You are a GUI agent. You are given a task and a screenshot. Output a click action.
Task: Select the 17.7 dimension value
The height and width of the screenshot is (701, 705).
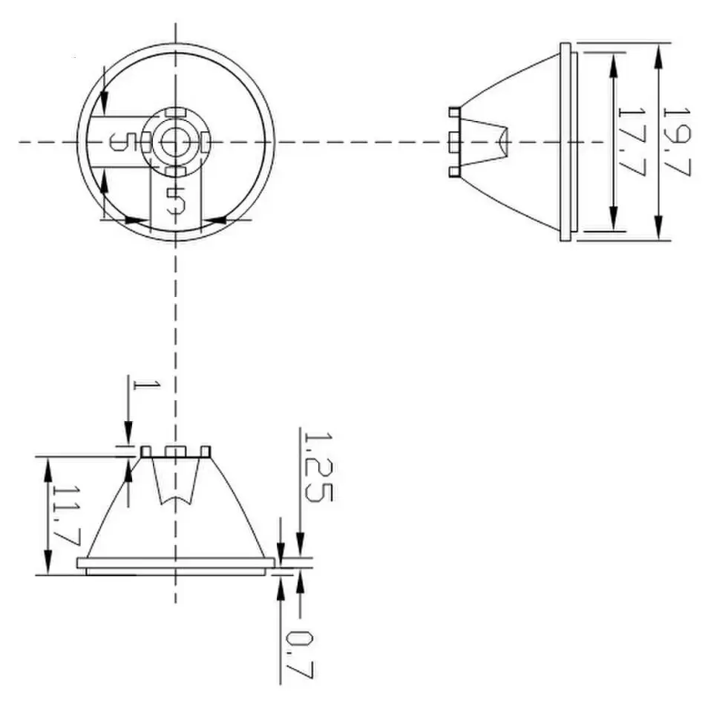coord(632,142)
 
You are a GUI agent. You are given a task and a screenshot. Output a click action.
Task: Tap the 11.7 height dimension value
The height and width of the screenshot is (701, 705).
coord(66,515)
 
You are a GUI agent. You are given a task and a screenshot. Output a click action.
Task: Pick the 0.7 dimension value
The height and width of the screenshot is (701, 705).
coord(300,654)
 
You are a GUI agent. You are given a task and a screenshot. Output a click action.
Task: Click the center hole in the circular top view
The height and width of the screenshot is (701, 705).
coord(175,140)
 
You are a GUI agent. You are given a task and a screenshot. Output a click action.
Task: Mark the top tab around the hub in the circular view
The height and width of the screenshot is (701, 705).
coord(175,112)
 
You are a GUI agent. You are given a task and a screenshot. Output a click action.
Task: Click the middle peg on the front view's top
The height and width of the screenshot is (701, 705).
coord(175,451)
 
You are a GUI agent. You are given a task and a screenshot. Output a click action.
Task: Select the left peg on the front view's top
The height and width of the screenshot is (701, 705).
coord(146,451)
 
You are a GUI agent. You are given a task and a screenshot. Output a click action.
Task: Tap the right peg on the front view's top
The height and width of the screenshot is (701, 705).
coord(206,451)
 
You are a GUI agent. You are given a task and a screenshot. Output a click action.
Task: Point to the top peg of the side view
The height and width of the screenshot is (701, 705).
coord(453,111)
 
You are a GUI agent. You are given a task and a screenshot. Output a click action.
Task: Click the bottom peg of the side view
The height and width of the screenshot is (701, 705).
coord(453,172)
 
